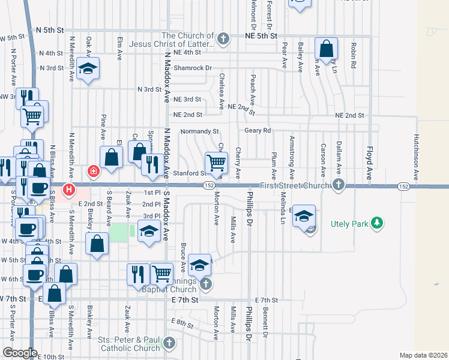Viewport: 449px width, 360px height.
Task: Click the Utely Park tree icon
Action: pos(377,224)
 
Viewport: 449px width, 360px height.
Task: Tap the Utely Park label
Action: pos(351,225)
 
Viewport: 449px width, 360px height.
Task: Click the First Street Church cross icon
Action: pos(339,185)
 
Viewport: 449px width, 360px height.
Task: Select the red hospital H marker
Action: pos(69,190)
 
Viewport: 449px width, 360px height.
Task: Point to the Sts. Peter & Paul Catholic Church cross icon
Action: pos(169,344)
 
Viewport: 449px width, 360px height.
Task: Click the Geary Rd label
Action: pos(258,130)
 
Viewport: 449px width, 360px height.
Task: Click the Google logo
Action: pos(20,353)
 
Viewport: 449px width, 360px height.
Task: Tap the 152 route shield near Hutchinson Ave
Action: pos(403,187)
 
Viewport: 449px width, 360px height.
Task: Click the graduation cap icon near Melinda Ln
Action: pos(304,215)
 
